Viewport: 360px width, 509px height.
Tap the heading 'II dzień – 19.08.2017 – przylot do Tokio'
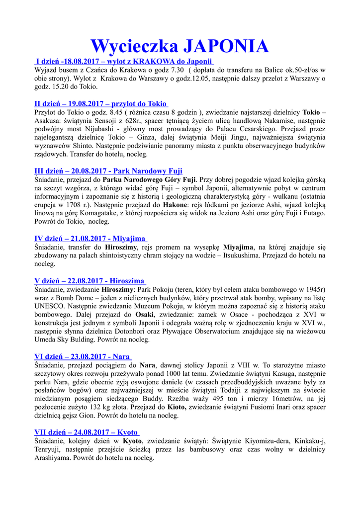(101, 104)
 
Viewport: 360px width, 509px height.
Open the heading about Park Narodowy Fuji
(108, 171)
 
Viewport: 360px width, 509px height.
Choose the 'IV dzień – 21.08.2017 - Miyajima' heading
(90, 239)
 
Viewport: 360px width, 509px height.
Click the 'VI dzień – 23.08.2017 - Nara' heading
(83, 356)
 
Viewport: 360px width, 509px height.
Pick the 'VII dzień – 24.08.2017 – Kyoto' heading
(87, 432)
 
